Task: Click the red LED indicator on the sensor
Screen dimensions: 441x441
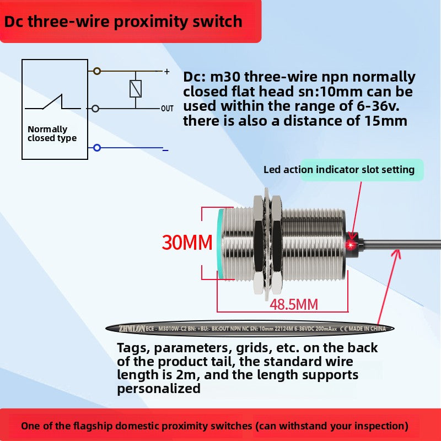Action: pyautogui.click(x=350, y=244)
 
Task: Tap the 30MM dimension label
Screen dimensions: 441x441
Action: pyautogui.click(x=187, y=242)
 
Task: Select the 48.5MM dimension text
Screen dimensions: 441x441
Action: pyautogui.click(x=294, y=304)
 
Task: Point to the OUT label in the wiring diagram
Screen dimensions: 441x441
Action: pyautogui.click(x=167, y=109)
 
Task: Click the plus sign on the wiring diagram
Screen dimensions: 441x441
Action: pyautogui.click(x=166, y=71)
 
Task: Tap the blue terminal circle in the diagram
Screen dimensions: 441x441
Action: pyautogui.click(x=97, y=148)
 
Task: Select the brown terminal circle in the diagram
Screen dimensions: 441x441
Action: pyautogui.click(x=97, y=71)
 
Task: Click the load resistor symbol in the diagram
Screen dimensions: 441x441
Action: pyautogui.click(x=136, y=89)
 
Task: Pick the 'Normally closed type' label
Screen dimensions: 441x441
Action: pyautogui.click(x=52, y=134)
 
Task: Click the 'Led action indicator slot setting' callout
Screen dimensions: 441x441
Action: pyautogui.click(x=339, y=170)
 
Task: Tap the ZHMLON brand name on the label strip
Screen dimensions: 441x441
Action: pyautogui.click(x=132, y=329)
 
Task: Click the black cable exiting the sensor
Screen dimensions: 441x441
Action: pyautogui.click(x=397, y=244)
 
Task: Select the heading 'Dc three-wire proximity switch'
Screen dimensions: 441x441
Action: pyautogui.click(x=123, y=21)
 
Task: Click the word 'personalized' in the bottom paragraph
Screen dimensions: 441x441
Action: pyautogui.click(x=159, y=388)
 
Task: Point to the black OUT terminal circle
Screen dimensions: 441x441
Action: pyautogui.click(x=96, y=109)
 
